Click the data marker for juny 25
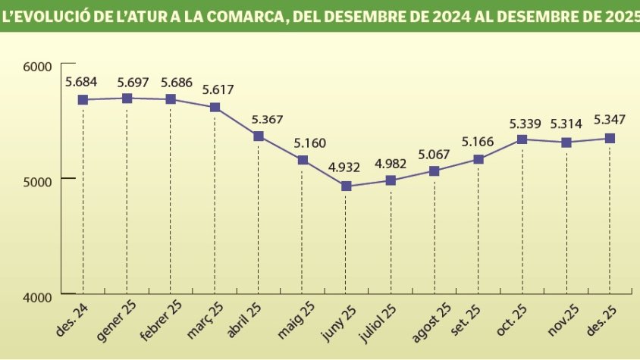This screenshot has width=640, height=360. click(347, 186)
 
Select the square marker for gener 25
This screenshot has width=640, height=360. click(127, 99)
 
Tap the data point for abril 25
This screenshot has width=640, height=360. click(259, 136)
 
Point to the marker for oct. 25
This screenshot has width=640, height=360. click(522, 139)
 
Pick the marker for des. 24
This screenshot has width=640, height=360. click(83, 100)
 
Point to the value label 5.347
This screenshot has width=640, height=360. click(610, 119)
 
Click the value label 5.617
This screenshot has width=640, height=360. click(218, 89)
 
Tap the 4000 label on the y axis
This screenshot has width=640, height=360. click(36, 296)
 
